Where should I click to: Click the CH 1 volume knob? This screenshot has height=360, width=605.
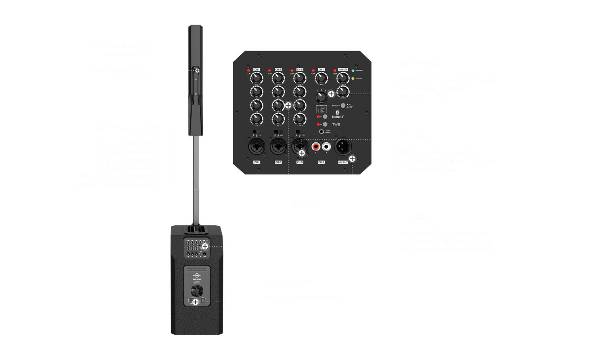257,78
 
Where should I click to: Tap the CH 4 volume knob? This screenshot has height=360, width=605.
321,78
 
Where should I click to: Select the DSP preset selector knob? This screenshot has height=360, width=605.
321,97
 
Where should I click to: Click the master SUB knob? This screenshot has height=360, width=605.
343,91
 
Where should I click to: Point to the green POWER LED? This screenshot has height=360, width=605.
353,71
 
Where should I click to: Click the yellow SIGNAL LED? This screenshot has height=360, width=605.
353,78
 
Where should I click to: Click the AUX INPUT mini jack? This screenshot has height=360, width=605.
321,131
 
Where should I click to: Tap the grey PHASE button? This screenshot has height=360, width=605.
343,105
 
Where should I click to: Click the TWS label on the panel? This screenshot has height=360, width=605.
336,125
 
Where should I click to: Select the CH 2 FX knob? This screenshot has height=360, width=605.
278,119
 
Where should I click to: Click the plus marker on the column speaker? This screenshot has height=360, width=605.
197,71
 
